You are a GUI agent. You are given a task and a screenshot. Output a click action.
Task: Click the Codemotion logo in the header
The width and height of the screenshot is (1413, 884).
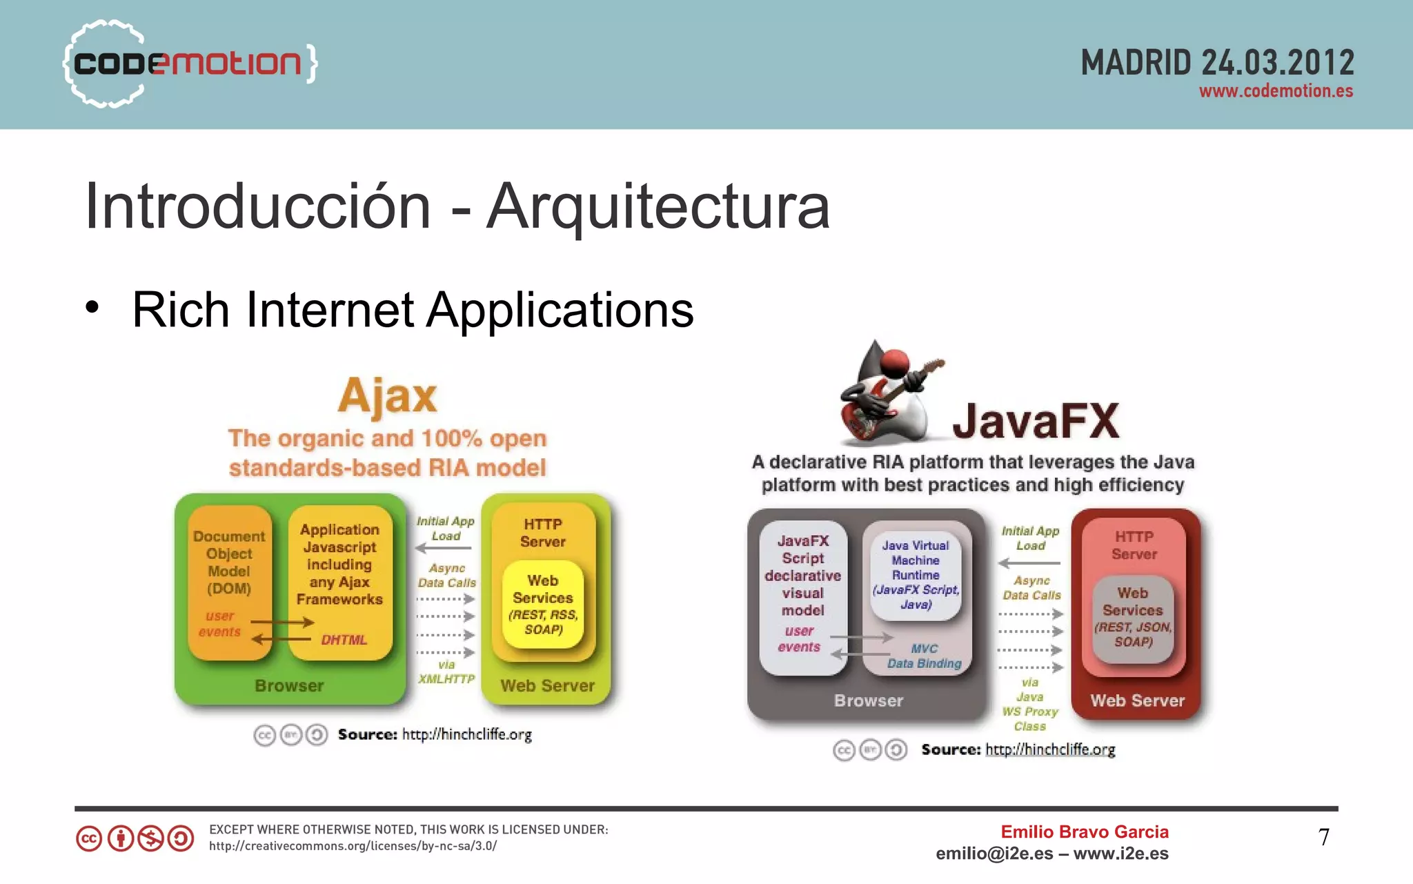(x=190, y=63)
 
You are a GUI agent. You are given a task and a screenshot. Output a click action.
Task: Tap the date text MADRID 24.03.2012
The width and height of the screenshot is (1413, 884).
(x=1217, y=63)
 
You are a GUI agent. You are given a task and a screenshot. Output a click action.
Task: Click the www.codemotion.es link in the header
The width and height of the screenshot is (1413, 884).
(x=1276, y=91)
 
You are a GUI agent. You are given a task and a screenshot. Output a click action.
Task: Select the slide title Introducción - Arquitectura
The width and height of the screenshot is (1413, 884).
(x=457, y=206)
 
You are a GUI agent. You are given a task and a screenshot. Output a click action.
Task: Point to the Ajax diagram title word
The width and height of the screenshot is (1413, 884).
(x=387, y=395)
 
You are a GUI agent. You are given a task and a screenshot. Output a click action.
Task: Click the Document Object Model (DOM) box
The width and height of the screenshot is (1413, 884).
(x=229, y=562)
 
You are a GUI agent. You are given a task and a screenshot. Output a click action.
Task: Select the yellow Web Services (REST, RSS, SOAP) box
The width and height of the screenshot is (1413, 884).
(x=543, y=605)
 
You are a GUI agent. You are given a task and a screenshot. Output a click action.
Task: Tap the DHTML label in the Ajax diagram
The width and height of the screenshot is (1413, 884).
(x=344, y=640)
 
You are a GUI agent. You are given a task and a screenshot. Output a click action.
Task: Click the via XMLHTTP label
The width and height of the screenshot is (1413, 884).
(x=446, y=671)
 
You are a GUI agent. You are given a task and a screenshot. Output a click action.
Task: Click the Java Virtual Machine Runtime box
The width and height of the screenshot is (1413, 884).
(x=916, y=574)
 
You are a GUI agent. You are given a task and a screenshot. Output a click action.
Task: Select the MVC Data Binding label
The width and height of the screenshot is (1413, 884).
(x=924, y=656)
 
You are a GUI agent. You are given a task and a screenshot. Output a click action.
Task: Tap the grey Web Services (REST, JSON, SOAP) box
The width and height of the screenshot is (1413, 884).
(x=1133, y=618)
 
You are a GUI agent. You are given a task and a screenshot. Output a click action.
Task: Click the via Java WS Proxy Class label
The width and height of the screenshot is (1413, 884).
(x=1030, y=704)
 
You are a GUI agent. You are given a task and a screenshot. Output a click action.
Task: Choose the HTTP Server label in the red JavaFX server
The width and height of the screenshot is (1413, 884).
(x=1134, y=545)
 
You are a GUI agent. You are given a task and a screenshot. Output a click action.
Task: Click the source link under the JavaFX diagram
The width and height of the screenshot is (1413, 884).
(x=1050, y=749)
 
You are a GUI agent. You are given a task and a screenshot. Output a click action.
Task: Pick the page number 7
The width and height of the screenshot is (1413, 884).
(x=1323, y=837)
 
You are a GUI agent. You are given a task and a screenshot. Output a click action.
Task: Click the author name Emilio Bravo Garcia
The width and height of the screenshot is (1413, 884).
(x=1085, y=832)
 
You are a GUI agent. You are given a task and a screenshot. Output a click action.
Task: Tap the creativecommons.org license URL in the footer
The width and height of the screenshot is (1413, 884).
(x=353, y=846)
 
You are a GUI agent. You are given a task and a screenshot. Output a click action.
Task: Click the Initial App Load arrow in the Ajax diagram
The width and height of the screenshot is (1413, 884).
(x=444, y=548)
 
